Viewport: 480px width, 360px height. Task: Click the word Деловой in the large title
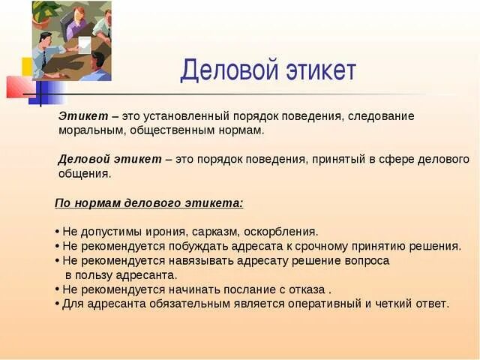229,70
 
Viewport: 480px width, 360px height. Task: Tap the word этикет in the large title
321,70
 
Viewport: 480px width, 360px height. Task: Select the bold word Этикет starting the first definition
83,116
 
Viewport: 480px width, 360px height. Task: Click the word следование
381,116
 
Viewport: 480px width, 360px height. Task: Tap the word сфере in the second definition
397,160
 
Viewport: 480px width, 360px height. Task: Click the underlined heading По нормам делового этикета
149,203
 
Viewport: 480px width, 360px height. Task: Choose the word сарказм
215,232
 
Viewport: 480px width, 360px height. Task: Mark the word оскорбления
281,232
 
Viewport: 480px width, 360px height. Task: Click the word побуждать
197,246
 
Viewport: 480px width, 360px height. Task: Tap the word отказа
307,289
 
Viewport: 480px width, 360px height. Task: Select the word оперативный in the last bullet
325,304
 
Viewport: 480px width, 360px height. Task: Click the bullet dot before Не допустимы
58,232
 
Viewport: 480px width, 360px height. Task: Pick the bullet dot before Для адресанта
58,304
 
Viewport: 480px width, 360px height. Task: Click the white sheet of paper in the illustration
85,45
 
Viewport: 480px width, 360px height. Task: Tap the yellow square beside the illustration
27,67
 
